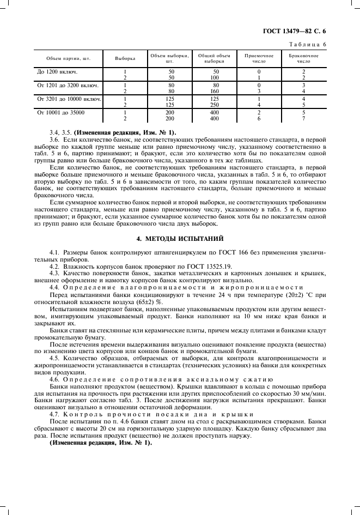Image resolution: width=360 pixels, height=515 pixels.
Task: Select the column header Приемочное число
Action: pyautogui.click(x=259, y=59)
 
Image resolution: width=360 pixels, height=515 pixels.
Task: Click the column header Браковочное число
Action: pyautogui.click(x=303, y=59)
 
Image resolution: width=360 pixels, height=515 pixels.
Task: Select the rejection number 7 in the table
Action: pyautogui.click(x=303, y=118)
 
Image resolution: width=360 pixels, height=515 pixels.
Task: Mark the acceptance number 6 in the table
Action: pyautogui.click(x=259, y=118)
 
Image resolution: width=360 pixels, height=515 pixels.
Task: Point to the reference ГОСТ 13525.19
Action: pyautogui.click(x=223, y=260)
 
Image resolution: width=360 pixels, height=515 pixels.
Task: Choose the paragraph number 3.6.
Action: pyautogui.click(x=54, y=140)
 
